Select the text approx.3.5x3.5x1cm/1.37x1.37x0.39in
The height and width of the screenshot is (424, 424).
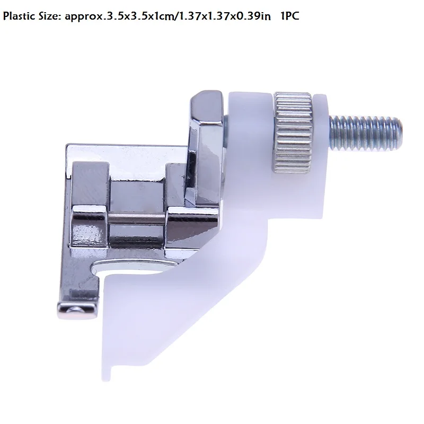pos(167,17)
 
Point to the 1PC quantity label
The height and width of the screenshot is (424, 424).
pos(290,16)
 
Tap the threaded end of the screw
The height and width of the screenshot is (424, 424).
pos(366,132)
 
